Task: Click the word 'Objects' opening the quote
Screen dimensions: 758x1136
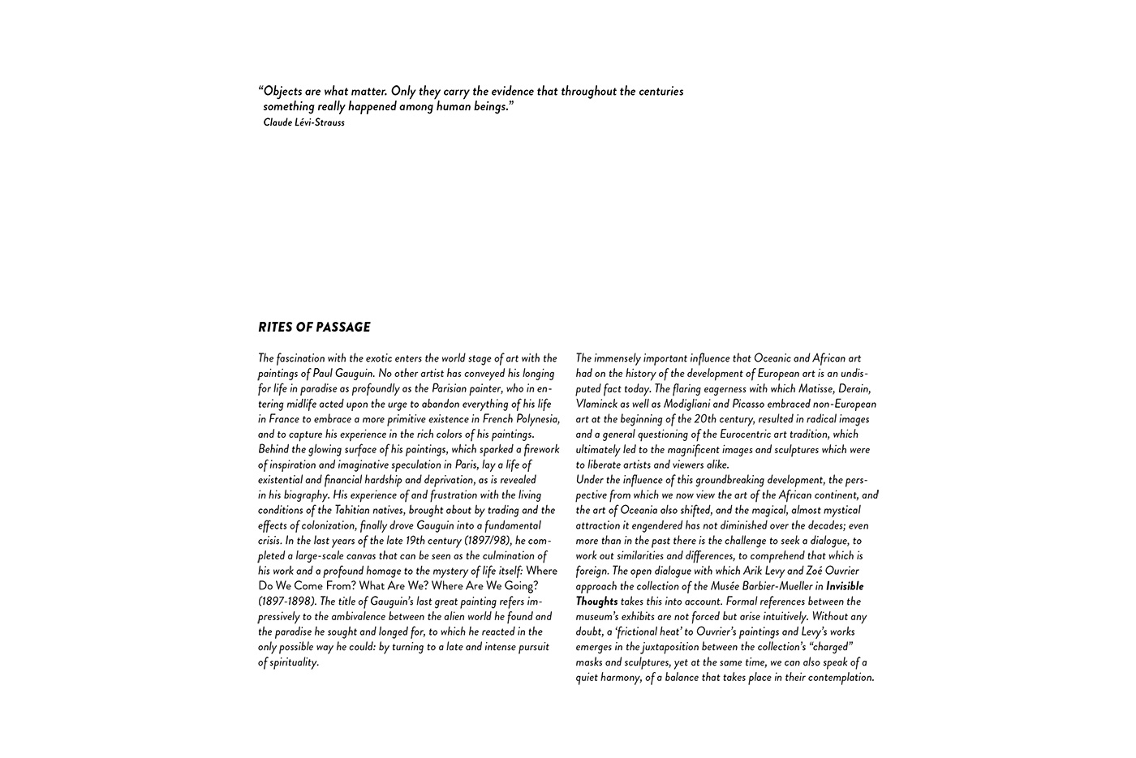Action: [283, 92]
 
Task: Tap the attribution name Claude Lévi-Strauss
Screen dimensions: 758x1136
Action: [303, 122]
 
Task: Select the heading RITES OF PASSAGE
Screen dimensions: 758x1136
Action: [314, 328]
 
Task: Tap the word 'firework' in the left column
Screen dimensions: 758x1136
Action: [541, 450]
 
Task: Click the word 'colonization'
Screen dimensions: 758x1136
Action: [323, 525]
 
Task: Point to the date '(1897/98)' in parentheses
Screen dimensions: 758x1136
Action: [488, 541]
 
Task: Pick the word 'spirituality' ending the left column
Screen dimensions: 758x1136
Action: [293, 662]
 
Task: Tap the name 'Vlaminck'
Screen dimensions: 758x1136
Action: [596, 404]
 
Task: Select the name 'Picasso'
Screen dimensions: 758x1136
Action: [751, 404]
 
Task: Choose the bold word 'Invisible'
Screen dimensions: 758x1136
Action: [845, 586]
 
